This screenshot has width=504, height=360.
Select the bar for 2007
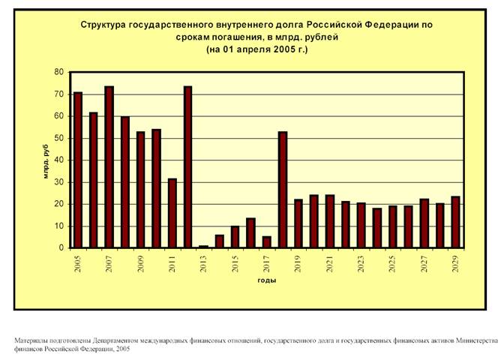click(x=109, y=167)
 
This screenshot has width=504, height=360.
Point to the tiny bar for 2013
click(x=204, y=246)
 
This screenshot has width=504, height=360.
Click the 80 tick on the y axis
click(x=60, y=72)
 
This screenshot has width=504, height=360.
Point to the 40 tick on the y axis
click(x=60, y=160)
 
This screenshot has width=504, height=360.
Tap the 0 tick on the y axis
click(x=62, y=248)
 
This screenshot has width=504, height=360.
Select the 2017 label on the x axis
click(x=267, y=263)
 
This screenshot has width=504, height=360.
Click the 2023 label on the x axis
click(x=361, y=263)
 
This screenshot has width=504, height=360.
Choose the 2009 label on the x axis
click(x=141, y=263)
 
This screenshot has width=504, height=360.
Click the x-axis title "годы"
click(x=266, y=280)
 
